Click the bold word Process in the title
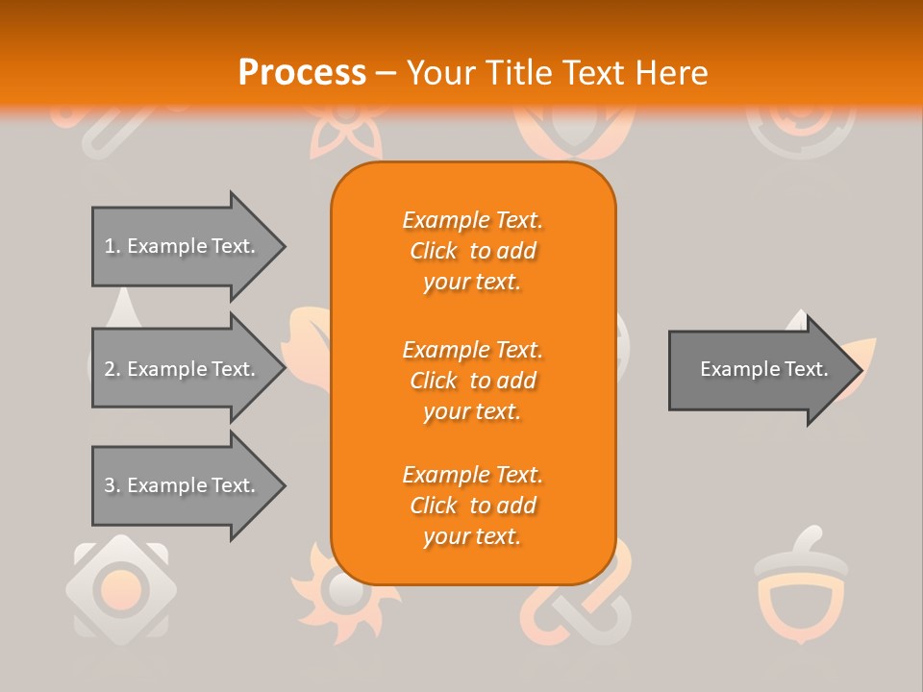click(302, 72)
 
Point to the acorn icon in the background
click(800, 586)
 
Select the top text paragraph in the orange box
click(472, 251)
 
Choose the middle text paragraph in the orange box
click(472, 381)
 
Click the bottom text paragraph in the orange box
click(472, 506)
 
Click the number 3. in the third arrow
click(112, 485)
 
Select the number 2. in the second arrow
click(112, 369)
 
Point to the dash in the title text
click(386, 73)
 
